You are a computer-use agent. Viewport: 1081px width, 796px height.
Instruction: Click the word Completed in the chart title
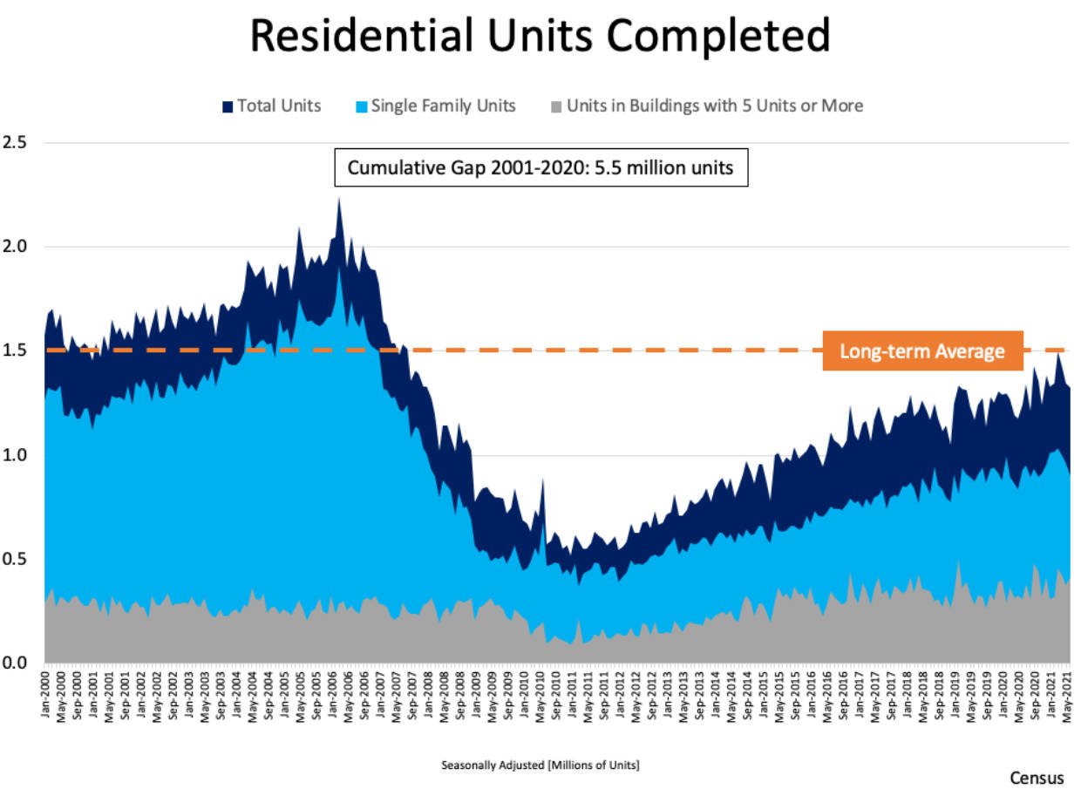(719, 37)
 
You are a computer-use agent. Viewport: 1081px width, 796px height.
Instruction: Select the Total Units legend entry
(271, 106)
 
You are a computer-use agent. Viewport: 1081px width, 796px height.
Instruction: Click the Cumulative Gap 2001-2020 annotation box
(540, 168)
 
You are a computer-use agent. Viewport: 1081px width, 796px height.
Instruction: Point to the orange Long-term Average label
(922, 352)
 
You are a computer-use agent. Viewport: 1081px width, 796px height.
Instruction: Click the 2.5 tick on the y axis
(16, 142)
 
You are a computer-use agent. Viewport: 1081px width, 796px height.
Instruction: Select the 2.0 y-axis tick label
(16, 247)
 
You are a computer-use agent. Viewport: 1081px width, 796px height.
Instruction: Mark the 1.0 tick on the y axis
(16, 455)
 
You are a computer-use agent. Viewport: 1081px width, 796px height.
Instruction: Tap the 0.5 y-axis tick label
(16, 559)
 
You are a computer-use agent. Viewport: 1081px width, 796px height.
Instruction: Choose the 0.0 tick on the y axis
(16, 663)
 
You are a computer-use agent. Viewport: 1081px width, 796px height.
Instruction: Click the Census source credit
(1037, 778)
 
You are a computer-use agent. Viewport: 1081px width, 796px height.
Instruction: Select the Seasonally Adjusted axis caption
(540, 765)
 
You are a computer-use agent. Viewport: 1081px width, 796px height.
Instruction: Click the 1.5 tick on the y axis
(16, 350)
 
